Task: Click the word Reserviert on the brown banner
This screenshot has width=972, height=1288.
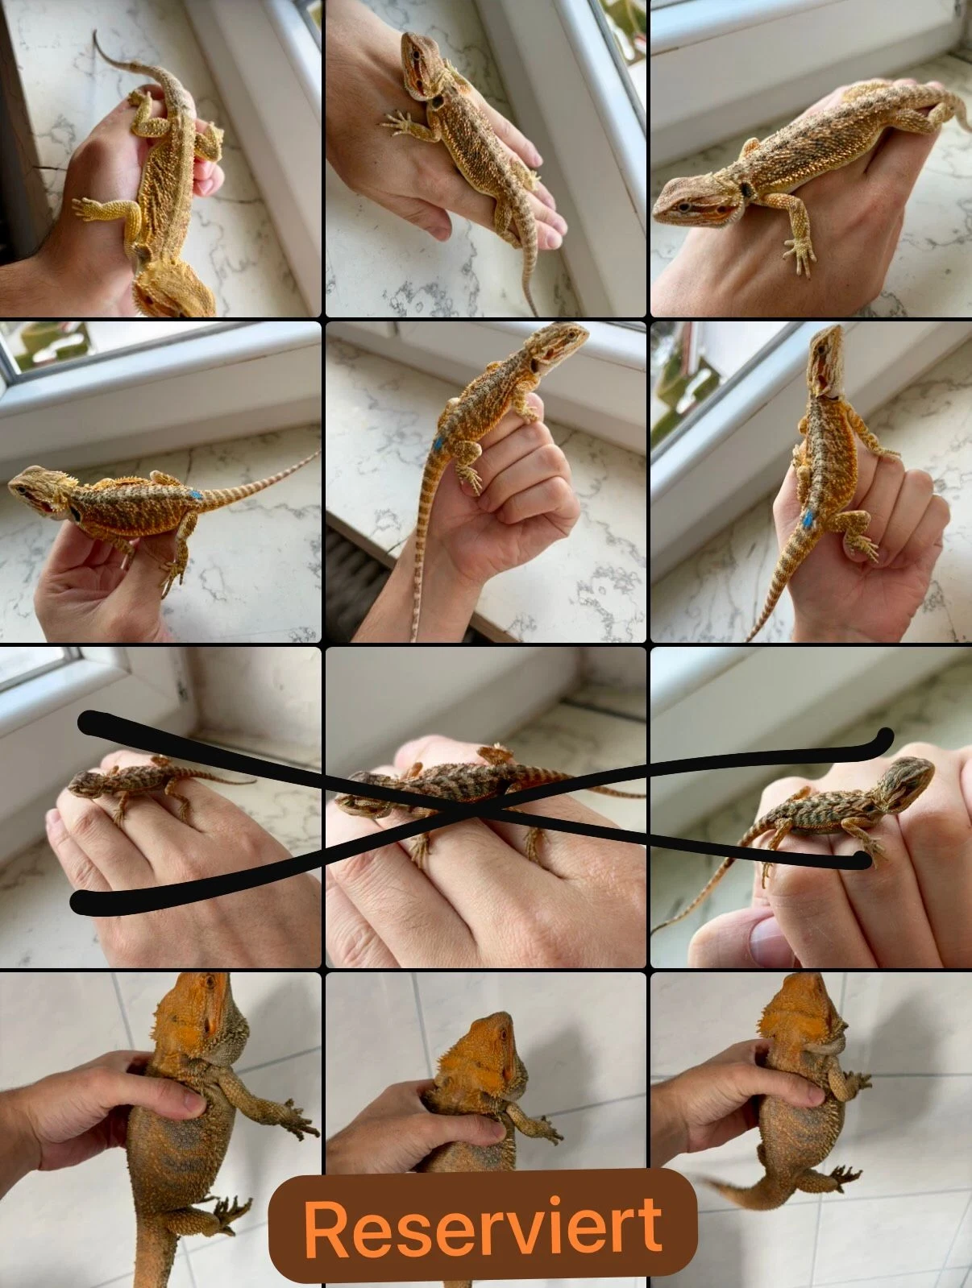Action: pyautogui.click(x=483, y=1226)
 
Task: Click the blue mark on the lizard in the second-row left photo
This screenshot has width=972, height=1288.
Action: pyautogui.click(x=196, y=495)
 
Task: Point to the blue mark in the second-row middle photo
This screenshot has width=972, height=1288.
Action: pyautogui.click(x=438, y=444)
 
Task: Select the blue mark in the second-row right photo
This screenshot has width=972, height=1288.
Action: pyautogui.click(x=808, y=518)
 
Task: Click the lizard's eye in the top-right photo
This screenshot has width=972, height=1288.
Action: pyautogui.click(x=683, y=205)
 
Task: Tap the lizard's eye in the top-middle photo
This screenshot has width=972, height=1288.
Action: pyautogui.click(x=416, y=53)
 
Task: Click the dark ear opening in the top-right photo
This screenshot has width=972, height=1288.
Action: pyautogui.click(x=746, y=190)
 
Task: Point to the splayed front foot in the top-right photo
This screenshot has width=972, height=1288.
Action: pyautogui.click(x=800, y=254)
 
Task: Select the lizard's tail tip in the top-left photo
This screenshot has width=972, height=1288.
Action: pyautogui.click(x=95, y=33)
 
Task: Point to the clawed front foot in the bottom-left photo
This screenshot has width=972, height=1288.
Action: pyautogui.click(x=299, y=1118)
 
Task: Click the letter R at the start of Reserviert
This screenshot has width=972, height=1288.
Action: pyautogui.click(x=325, y=1227)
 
